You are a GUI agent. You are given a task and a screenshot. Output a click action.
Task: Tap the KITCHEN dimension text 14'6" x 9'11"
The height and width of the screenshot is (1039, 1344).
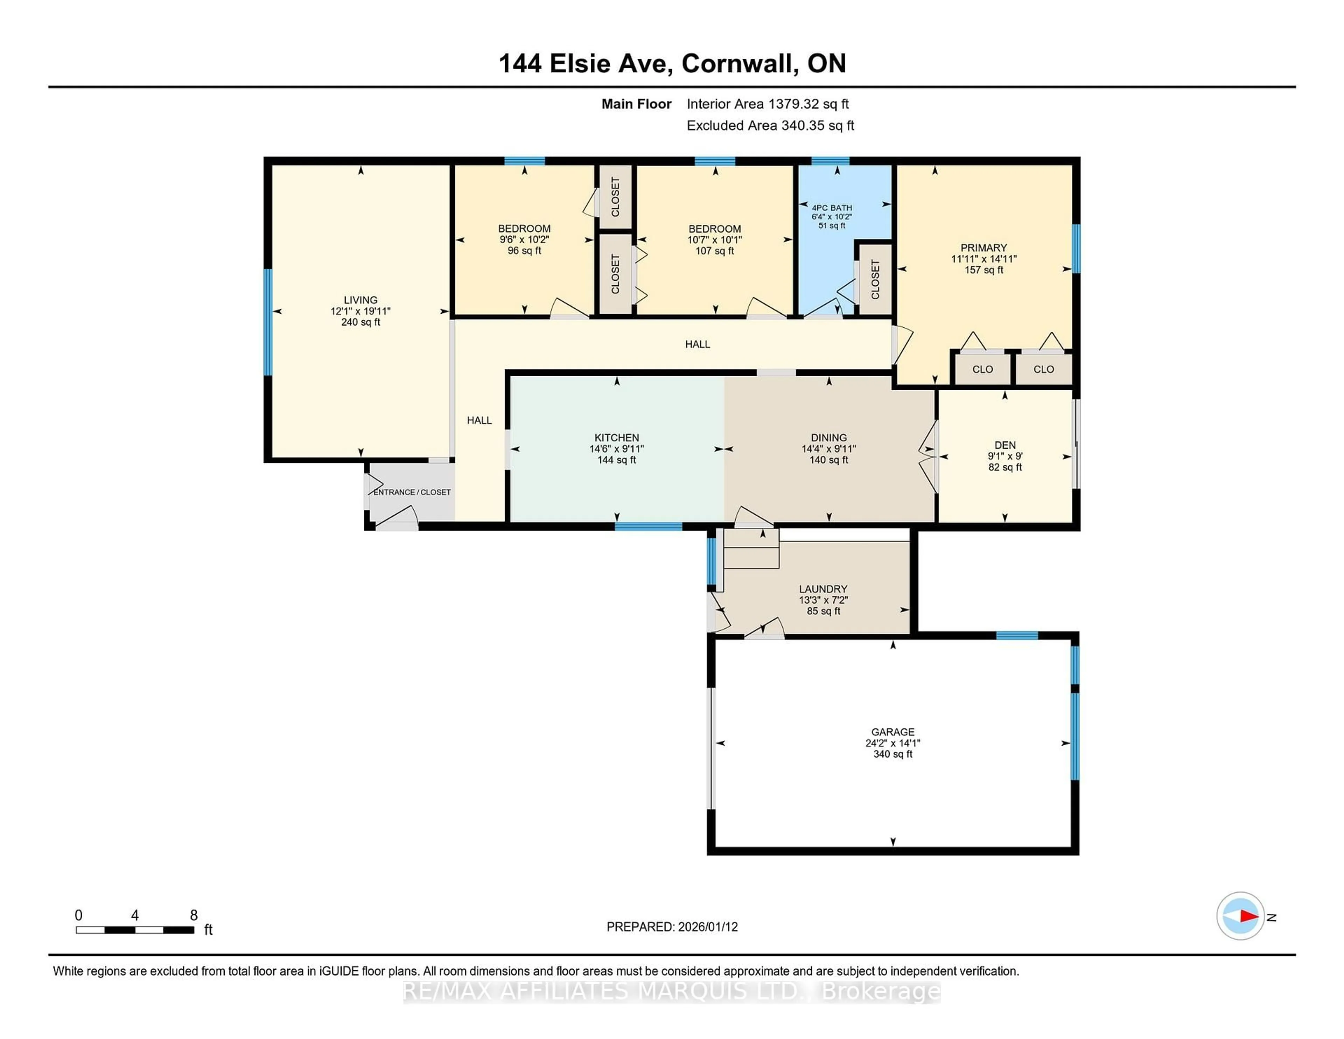617,449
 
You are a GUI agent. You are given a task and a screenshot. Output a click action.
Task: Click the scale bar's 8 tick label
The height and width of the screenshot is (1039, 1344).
194,915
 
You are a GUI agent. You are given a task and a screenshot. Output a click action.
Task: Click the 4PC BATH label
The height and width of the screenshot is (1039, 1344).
832,208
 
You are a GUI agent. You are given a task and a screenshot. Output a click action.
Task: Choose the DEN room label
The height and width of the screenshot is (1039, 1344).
1005,445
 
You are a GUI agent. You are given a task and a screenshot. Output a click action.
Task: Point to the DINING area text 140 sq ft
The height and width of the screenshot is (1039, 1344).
828,460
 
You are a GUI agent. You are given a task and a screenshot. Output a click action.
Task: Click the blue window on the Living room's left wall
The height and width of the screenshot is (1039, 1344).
268,322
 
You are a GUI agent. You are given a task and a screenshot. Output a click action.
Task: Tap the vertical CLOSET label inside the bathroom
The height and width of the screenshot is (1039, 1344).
875,279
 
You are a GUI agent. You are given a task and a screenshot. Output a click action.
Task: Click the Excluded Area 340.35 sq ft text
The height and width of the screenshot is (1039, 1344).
770,126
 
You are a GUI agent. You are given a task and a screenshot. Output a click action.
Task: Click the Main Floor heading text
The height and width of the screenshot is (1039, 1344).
636,104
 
